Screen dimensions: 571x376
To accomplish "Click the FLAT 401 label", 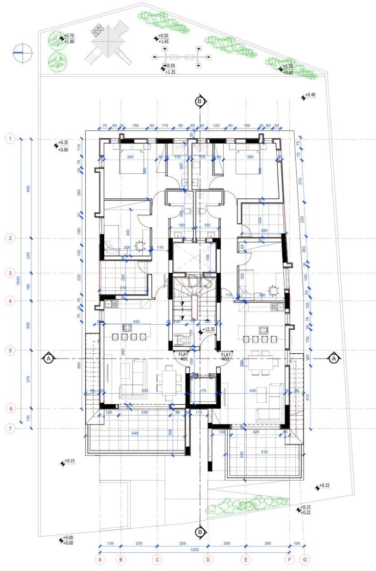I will click(183, 356).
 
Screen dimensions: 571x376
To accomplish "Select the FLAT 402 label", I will click(226, 356).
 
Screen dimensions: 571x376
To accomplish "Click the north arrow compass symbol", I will click(23, 52).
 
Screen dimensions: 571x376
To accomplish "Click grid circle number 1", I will click(10, 139).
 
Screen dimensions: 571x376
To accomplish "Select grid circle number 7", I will click(10, 429).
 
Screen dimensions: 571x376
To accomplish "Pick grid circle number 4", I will click(10, 301).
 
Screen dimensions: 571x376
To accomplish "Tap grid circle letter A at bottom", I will click(100, 559).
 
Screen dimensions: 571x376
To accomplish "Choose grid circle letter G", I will click(305, 559).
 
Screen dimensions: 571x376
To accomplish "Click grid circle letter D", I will click(208, 559).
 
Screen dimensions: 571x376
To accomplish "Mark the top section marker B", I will click(200, 102).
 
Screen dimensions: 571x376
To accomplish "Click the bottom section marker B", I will click(200, 532).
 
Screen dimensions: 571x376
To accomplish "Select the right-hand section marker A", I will click(333, 359).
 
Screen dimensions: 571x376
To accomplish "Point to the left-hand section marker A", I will click(48, 359).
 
